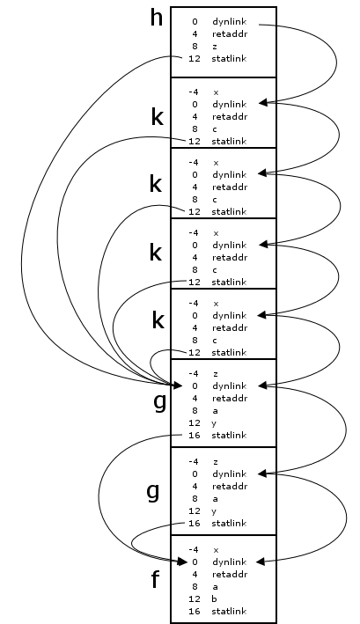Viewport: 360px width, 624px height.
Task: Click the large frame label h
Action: [157, 18]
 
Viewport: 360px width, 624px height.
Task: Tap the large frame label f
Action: [156, 579]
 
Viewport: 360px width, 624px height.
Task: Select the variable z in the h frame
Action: [215, 47]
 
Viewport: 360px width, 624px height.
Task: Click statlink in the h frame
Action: [229, 58]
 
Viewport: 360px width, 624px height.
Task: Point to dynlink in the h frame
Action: [229, 21]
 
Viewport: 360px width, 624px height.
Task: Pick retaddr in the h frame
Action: [230, 33]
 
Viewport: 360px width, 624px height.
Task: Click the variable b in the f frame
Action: [215, 598]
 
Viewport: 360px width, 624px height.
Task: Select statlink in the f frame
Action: [229, 611]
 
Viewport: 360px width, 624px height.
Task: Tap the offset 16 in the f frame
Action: [195, 611]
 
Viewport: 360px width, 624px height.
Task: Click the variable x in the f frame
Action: [216, 550]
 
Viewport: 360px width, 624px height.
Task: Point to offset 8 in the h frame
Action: [195, 46]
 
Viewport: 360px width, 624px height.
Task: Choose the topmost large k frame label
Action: [158, 117]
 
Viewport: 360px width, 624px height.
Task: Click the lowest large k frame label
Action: [158, 320]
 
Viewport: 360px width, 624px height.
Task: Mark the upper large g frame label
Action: [160, 402]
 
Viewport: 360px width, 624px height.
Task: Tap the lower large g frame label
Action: [153, 491]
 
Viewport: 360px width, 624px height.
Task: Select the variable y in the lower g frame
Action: [215, 511]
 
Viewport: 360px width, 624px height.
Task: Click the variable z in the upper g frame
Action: [216, 374]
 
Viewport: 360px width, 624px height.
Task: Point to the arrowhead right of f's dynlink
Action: [261, 562]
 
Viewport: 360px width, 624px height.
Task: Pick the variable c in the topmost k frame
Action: [215, 129]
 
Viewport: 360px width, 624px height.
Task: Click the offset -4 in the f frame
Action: [194, 549]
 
